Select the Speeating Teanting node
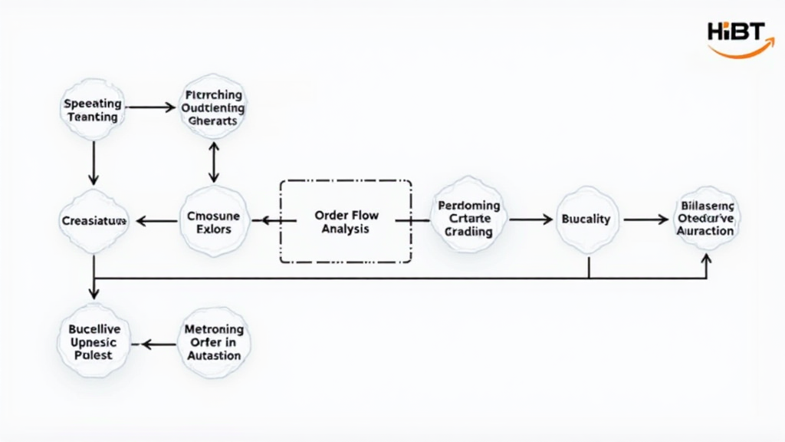92,110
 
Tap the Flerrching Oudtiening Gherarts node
213,108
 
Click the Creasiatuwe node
93,221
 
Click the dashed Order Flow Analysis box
346,221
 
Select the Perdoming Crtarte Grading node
468,219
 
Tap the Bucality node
586,219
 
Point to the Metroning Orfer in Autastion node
214,341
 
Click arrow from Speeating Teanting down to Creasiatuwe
93,163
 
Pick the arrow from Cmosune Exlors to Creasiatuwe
156,221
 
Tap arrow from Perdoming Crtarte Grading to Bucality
530,219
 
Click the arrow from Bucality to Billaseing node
645,219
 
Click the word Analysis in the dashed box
346,229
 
